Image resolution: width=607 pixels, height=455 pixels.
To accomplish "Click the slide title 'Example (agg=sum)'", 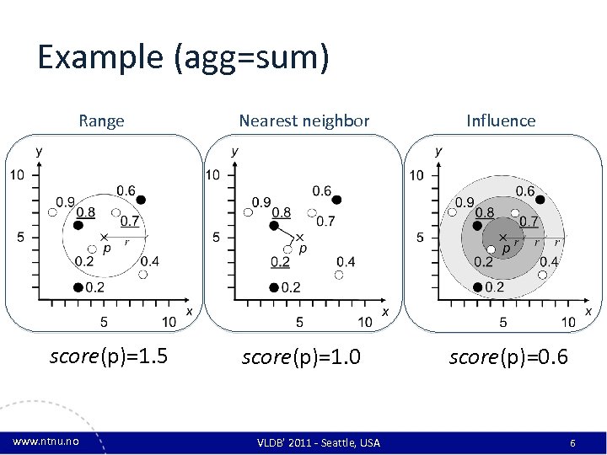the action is click(183, 57).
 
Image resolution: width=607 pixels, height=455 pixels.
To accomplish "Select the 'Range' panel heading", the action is click(101, 120).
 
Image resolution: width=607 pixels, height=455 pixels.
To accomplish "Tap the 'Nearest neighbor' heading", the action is click(303, 120).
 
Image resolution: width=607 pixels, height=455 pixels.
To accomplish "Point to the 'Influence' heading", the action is click(501, 120).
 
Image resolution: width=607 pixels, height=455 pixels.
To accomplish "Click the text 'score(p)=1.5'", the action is click(109, 357).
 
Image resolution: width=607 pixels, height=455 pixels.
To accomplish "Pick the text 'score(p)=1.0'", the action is click(301, 357).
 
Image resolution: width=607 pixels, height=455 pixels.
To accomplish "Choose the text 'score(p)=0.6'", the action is click(508, 357).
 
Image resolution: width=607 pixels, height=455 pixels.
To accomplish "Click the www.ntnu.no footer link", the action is click(46, 442).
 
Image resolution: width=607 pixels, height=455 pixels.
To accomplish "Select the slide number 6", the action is click(572, 442).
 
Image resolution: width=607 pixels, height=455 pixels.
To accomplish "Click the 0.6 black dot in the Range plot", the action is click(141, 200).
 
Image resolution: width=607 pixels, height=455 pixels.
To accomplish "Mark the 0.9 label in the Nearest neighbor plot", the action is click(261, 202).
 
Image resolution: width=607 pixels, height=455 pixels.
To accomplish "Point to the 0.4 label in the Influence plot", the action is click(548, 261).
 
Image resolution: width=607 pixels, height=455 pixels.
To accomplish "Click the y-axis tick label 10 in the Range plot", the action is click(18, 175).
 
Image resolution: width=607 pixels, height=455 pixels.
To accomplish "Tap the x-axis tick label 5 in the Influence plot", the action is click(503, 321).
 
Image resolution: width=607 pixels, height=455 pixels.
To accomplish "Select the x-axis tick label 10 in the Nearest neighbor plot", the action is click(365, 321).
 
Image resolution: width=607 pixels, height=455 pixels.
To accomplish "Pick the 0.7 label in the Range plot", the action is click(130, 222).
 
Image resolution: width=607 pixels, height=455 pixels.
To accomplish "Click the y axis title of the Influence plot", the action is click(438, 152).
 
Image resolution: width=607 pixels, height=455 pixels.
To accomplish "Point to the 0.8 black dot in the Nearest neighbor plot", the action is click(274, 226).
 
